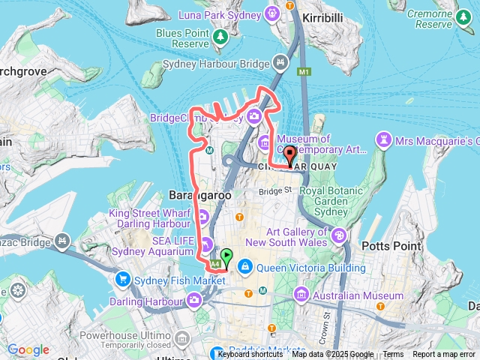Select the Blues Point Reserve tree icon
tap(220, 36)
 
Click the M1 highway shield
tap(303, 72)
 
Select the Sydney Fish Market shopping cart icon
tap(122, 280)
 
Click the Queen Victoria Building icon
tap(245, 266)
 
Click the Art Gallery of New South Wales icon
tap(339, 236)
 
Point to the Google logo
tap(28, 349)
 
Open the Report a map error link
tap(443, 354)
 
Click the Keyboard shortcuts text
tap(250, 354)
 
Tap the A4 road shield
tap(216, 264)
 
